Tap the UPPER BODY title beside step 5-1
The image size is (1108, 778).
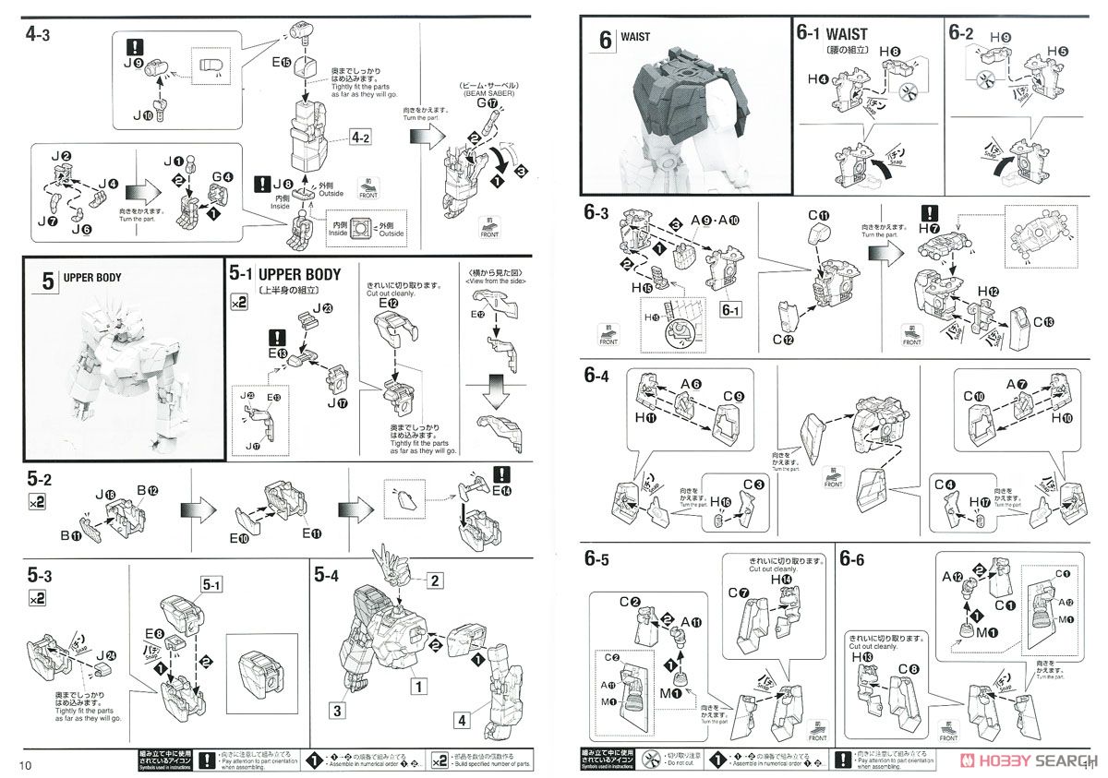pos(299,274)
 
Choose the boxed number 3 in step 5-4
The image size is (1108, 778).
pos(338,711)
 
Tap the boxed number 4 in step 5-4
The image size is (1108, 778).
pos(460,718)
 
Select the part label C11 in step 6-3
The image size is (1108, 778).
pos(818,218)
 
